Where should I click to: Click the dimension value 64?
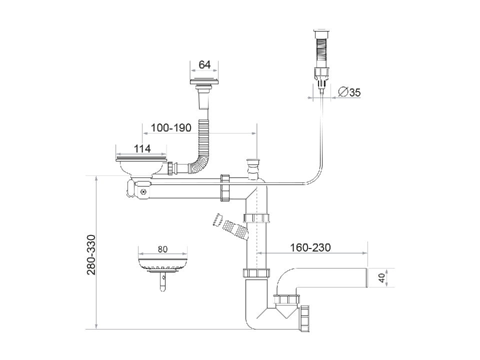[204, 65]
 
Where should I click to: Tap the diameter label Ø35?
[349, 92]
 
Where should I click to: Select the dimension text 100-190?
[171, 128]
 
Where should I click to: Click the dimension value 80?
[162, 249]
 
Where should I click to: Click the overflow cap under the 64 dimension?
[204, 81]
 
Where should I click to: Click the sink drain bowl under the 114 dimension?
[141, 166]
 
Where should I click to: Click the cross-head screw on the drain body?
[143, 191]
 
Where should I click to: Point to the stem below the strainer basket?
[162, 282]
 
